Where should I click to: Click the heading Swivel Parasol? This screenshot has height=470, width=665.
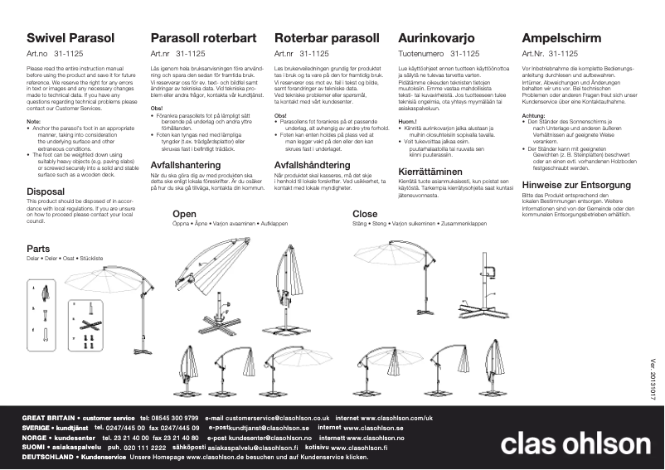(x=70, y=38)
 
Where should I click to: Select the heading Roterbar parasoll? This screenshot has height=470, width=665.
(x=327, y=38)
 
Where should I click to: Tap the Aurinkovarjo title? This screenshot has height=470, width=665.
(x=436, y=38)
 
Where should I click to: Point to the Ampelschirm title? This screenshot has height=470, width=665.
(x=562, y=38)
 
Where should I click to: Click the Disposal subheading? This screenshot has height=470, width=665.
(x=46, y=191)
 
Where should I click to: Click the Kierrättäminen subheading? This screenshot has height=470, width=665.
(x=430, y=172)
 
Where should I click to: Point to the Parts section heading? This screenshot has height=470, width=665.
(x=38, y=249)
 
